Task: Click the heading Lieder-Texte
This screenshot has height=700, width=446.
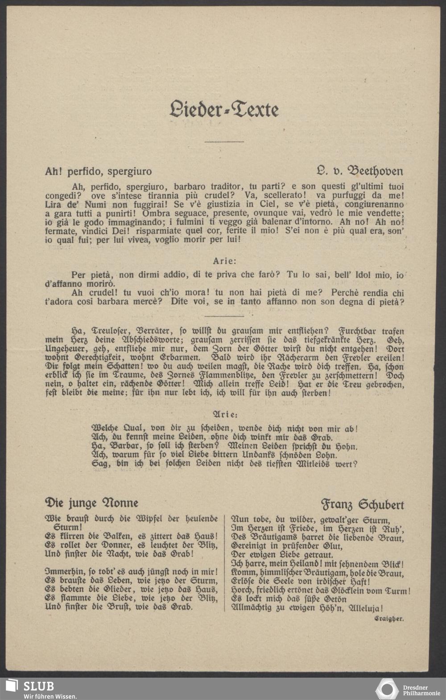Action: [224, 109]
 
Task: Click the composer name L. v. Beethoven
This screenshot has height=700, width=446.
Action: [359, 171]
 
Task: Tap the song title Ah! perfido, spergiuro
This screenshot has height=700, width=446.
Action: [98, 171]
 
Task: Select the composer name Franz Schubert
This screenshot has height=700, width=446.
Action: [363, 504]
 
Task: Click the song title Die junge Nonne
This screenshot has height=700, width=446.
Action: [91, 503]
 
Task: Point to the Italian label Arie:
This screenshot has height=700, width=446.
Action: [225, 261]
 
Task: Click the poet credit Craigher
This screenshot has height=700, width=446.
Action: [389, 619]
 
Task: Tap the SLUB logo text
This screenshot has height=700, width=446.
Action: [38, 686]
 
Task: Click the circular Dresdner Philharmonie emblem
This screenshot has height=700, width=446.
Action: [387, 689]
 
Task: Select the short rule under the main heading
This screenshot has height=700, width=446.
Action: [224, 142]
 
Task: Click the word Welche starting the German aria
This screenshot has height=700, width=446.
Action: [105, 429]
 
